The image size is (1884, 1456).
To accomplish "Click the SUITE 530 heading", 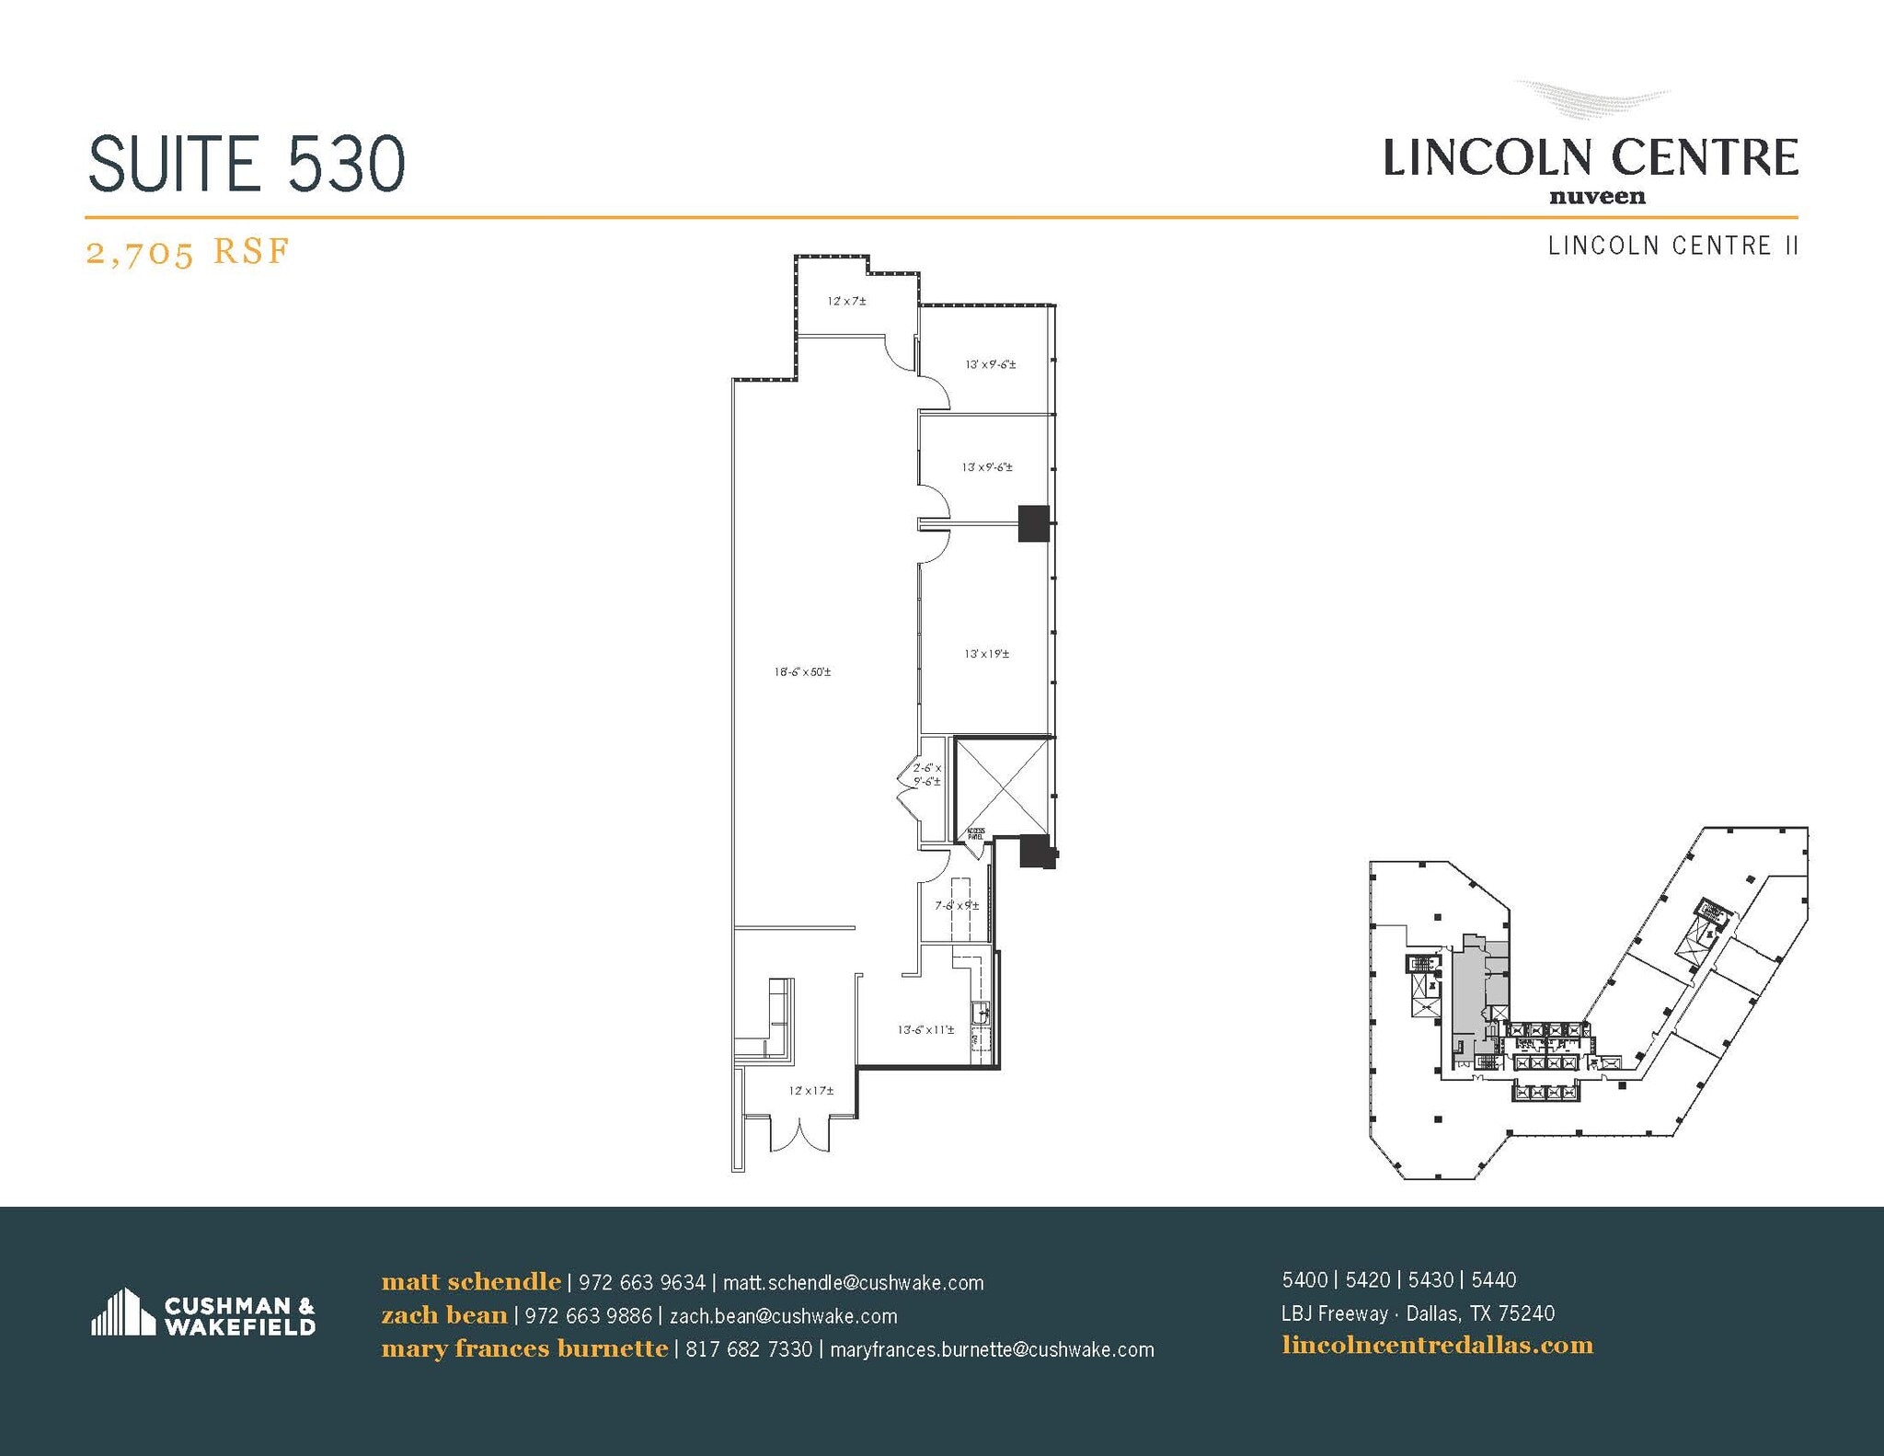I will tap(247, 164).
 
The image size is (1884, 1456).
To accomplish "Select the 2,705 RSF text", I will tap(188, 250).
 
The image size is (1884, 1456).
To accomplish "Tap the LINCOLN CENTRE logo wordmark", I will tap(1591, 157).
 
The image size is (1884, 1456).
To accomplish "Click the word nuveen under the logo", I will tap(1597, 196).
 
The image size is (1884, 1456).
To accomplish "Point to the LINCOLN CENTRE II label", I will tap(1672, 246).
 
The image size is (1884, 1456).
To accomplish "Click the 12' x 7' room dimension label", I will tap(846, 301).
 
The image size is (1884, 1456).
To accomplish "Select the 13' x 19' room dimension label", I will tap(986, 654).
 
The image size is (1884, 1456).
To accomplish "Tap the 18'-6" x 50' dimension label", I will tap(802, 672).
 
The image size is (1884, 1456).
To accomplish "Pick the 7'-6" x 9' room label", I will tap(957, 905).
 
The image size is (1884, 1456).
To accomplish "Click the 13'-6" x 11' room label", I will tap(925, 1029).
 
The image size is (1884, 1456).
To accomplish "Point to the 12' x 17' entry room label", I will tap(810, 1091).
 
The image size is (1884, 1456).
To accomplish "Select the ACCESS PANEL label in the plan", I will tap(975, 834).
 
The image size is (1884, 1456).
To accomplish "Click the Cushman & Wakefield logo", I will tap(203, 1314).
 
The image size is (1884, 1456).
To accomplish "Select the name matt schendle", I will tap(471, 1281).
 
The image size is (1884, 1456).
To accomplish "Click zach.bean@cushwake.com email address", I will tap(783, 1316).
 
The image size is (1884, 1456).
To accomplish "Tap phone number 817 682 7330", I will tap(749, 1349).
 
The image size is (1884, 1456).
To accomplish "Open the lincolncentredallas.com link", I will tap(1437, 1346).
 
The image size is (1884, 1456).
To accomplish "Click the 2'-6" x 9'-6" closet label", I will tap(926, 774).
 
